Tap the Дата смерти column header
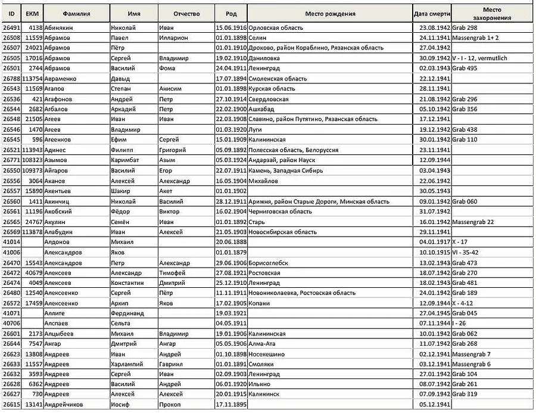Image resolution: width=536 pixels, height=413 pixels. (432, 14)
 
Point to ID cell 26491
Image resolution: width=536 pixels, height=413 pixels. (12, 27)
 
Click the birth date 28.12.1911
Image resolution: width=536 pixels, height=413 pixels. (230, 201)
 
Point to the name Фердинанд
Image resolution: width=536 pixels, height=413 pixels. (127, 313)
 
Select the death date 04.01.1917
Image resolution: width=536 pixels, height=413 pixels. (433, 241)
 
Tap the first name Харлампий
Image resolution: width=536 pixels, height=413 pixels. (128, 364)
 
